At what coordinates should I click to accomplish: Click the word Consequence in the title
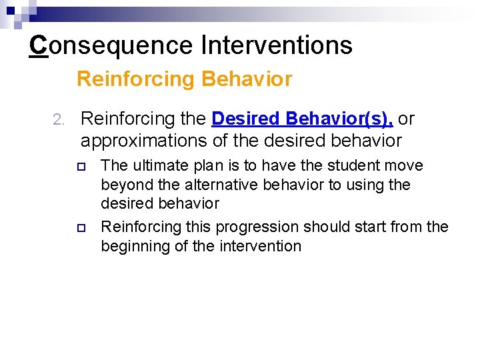110,45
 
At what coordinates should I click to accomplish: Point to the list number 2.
57,120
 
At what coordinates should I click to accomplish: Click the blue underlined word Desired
246,119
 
